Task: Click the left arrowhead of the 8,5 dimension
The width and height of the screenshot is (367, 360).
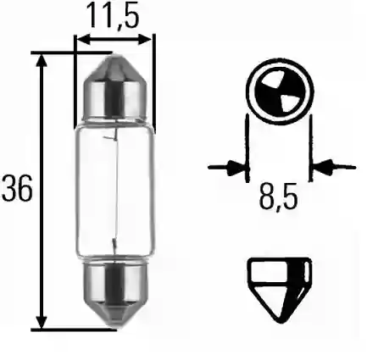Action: click(238, 165)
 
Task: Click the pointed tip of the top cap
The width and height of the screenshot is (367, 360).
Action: click(115, 58)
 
